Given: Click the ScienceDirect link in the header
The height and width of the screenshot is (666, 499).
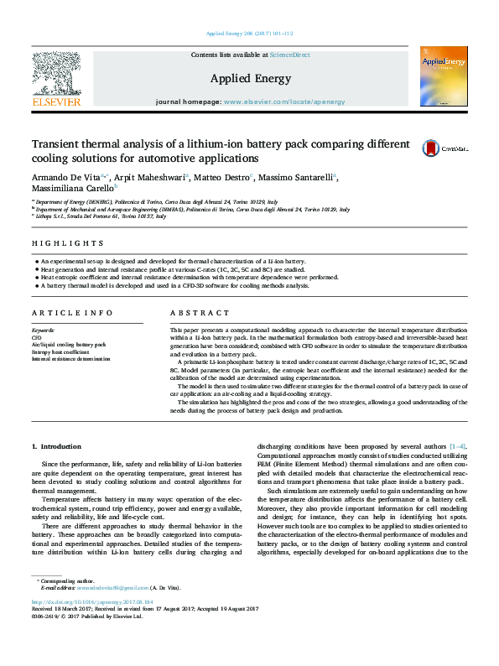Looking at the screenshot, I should (x=289, y=55).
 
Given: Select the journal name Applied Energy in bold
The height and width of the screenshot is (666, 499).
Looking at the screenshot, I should (x=250, y=79).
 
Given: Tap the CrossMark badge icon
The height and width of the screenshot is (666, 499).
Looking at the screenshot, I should (x=430, y=147).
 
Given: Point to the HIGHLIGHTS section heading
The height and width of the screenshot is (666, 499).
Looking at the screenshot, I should (x=58, y=244).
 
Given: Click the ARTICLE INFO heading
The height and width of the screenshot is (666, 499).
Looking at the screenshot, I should (x=61, y=312).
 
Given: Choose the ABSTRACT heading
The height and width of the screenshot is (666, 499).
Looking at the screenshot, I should (x=194, y=312).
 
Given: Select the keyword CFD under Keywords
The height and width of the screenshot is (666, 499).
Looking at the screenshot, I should (x=36, y=338).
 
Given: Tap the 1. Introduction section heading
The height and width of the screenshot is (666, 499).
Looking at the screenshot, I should (x=56, y=446).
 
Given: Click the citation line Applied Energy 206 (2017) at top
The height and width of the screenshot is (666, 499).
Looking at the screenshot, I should (x=249, y=34).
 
